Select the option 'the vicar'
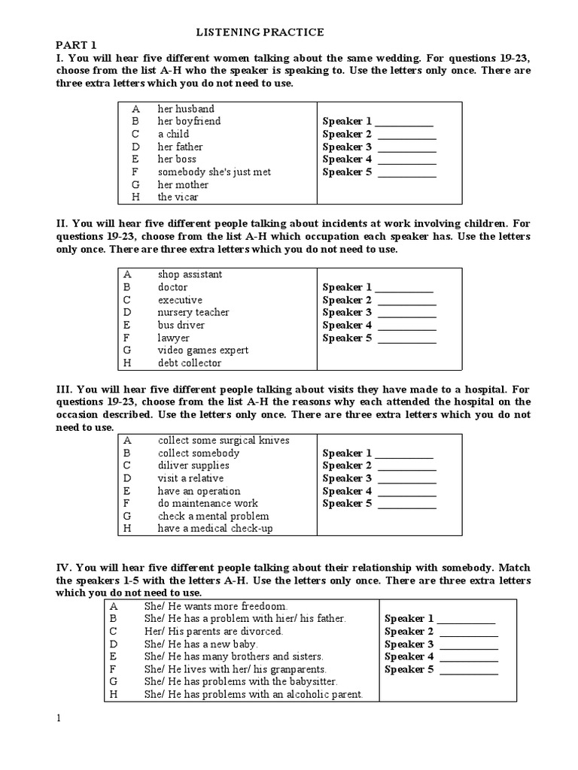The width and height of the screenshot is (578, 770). coord(178,197)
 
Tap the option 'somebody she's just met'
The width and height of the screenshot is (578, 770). coord(214,172)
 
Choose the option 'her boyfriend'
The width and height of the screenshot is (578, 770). coord(189,121)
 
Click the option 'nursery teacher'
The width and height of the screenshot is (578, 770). coord(193,312)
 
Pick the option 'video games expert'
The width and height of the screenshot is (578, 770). coord(202,350)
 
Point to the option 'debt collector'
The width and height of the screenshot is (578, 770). coord(190,363)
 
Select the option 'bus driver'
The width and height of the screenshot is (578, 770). coord(181,325)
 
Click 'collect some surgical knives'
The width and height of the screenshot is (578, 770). coord(223,440)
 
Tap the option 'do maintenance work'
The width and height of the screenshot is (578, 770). coord(208,503)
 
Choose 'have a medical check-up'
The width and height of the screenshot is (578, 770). coord(214,529)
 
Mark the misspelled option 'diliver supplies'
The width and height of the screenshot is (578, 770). coord(193,465)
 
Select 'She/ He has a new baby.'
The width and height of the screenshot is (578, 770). coord(201,644)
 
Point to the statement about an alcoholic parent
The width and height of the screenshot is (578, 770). coord(253,694)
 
